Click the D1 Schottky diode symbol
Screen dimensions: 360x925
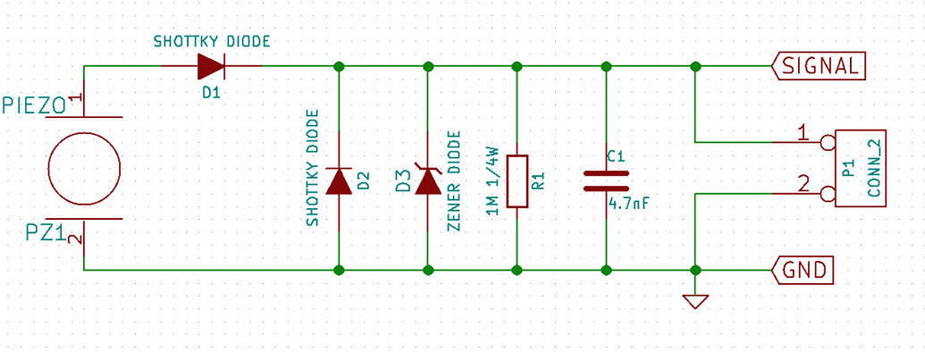(212, 65)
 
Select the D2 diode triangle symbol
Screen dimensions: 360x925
(339, 181)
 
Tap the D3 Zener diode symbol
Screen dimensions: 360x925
(428, 181)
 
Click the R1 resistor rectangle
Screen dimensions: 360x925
(517, 181)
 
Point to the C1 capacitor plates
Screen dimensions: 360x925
(606, 180)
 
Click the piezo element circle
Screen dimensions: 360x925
(84, 168)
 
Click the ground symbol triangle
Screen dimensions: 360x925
(695, 301)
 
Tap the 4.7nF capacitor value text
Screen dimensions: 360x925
(628, 204)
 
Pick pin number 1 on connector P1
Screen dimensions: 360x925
(802, 134)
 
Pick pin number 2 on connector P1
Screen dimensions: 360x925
(802, 184)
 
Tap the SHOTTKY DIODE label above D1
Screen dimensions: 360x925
(212, 41)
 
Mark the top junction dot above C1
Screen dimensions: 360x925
(606, 66)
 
